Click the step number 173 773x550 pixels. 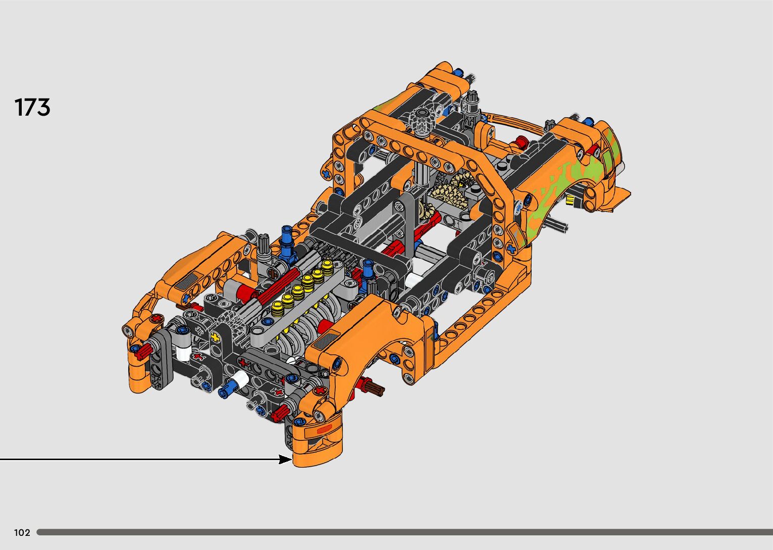(32, 107)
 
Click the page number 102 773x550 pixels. (22, 532)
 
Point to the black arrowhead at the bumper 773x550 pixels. (285, 459)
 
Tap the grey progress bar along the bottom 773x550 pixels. (404, 532)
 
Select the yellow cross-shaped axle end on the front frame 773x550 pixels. (215, 337)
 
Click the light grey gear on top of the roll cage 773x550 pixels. (422, 120)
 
